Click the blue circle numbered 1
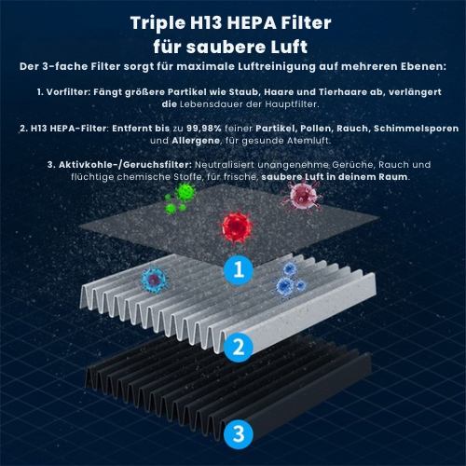(x=239, y=269)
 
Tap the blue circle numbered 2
(x=239, y=347)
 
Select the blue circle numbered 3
(x=239, y=433)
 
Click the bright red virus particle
(x=236, y=226)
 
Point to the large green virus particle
(x=185, y=193)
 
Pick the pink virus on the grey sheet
(x=301, y=197)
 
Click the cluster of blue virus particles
(x=288, y=281)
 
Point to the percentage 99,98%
(x=204, y=129)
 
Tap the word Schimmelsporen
(x=416, y=129)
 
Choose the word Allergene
(x=196, y=141)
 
